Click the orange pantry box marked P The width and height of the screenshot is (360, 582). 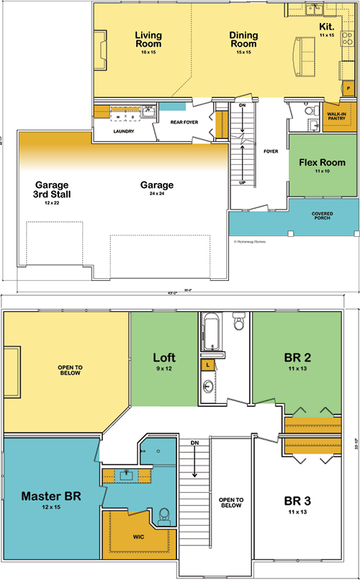348,87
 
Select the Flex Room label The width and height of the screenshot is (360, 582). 322,163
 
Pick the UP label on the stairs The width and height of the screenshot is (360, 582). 243,182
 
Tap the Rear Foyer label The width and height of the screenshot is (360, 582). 184,122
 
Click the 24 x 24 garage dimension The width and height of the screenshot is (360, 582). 157,195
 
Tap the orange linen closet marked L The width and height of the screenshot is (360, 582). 207,366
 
